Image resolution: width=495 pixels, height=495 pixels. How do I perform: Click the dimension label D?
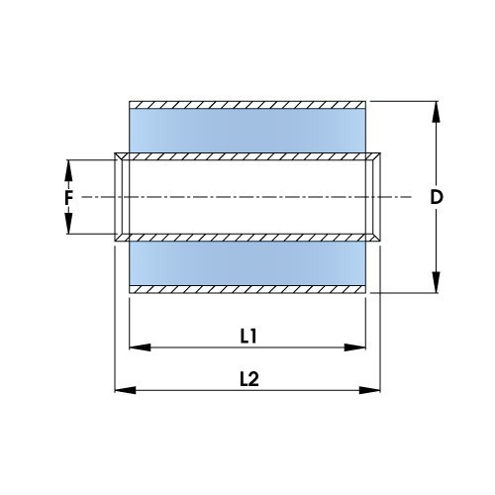436,197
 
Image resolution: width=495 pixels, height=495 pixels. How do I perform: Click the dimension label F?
68,197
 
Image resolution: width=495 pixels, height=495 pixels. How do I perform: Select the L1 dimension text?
248,336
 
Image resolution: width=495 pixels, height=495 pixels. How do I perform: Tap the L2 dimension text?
248,377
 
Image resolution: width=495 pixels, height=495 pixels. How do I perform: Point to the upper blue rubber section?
249,130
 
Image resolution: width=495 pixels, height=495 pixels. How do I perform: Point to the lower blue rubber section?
249,263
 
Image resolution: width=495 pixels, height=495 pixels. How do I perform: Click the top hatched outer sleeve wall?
249,104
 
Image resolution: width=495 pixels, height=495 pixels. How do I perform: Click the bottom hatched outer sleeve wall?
249,289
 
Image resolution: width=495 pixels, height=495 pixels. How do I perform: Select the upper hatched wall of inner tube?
249,155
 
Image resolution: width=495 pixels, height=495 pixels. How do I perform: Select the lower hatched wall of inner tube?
249,238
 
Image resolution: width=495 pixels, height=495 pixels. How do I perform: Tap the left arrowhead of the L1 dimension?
138,347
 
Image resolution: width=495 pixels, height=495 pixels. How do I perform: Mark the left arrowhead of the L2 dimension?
123,389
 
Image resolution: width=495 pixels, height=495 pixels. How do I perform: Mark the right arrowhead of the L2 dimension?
375,389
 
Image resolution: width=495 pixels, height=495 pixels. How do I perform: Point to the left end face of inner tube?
120,197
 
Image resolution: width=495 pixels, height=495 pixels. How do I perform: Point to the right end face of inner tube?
378,197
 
